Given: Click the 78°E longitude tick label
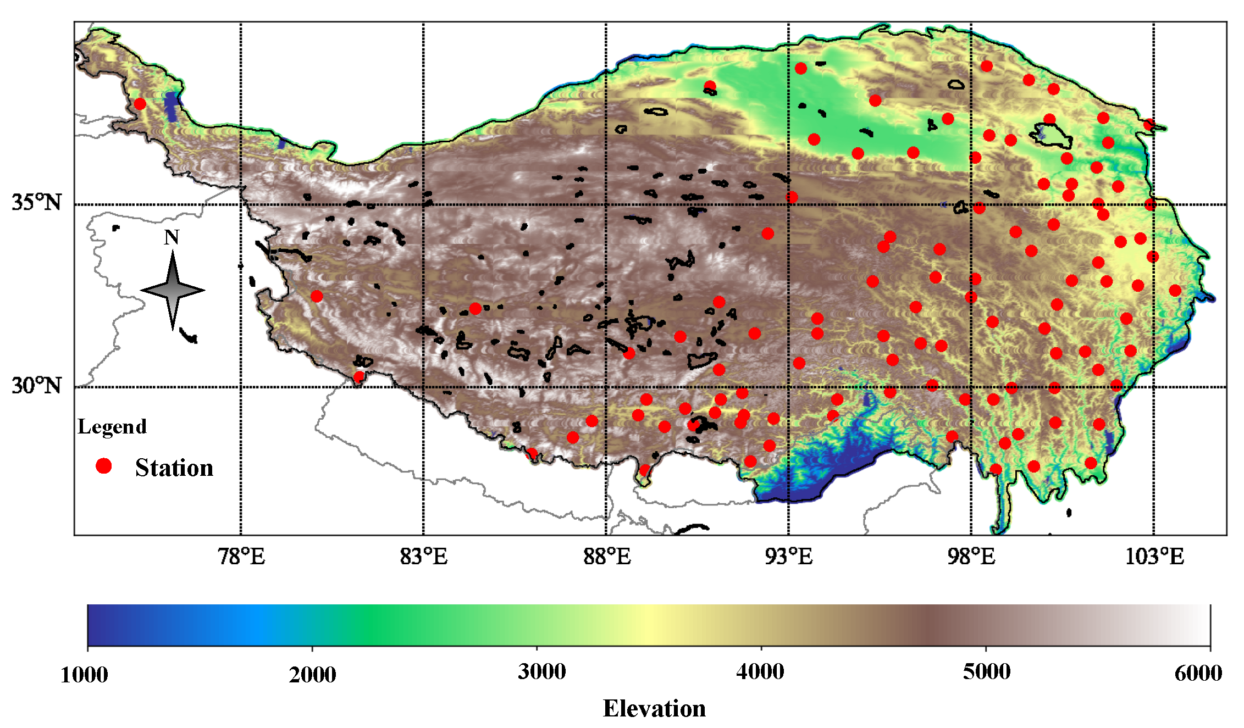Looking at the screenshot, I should point(241,557).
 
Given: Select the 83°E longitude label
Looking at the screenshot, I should point(424,557).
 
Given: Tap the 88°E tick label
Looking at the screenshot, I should point(607,557).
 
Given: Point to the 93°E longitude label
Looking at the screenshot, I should point(789,557).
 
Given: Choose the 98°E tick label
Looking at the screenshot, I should point(971,557).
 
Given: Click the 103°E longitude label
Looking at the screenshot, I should point(1154,557).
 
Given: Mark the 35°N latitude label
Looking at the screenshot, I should point(37,202).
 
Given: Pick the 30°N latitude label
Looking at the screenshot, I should point(37,385).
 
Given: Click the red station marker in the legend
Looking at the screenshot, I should point(103,466).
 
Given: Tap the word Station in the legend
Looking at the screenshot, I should point(174,468).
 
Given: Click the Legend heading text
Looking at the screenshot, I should point(112,426).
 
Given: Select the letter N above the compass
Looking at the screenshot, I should point(172,237).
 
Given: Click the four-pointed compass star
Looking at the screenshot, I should point(173,290).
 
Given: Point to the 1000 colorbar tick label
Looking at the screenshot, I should point(84,674).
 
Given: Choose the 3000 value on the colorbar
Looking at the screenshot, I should point(541,671).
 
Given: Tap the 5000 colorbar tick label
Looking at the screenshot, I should point(987,671).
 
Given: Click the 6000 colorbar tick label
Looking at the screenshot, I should point(1198,673).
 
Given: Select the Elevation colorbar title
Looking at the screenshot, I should point(654,708).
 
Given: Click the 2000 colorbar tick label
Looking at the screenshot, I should point(312,674).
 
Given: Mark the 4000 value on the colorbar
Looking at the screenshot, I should point(760,671).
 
